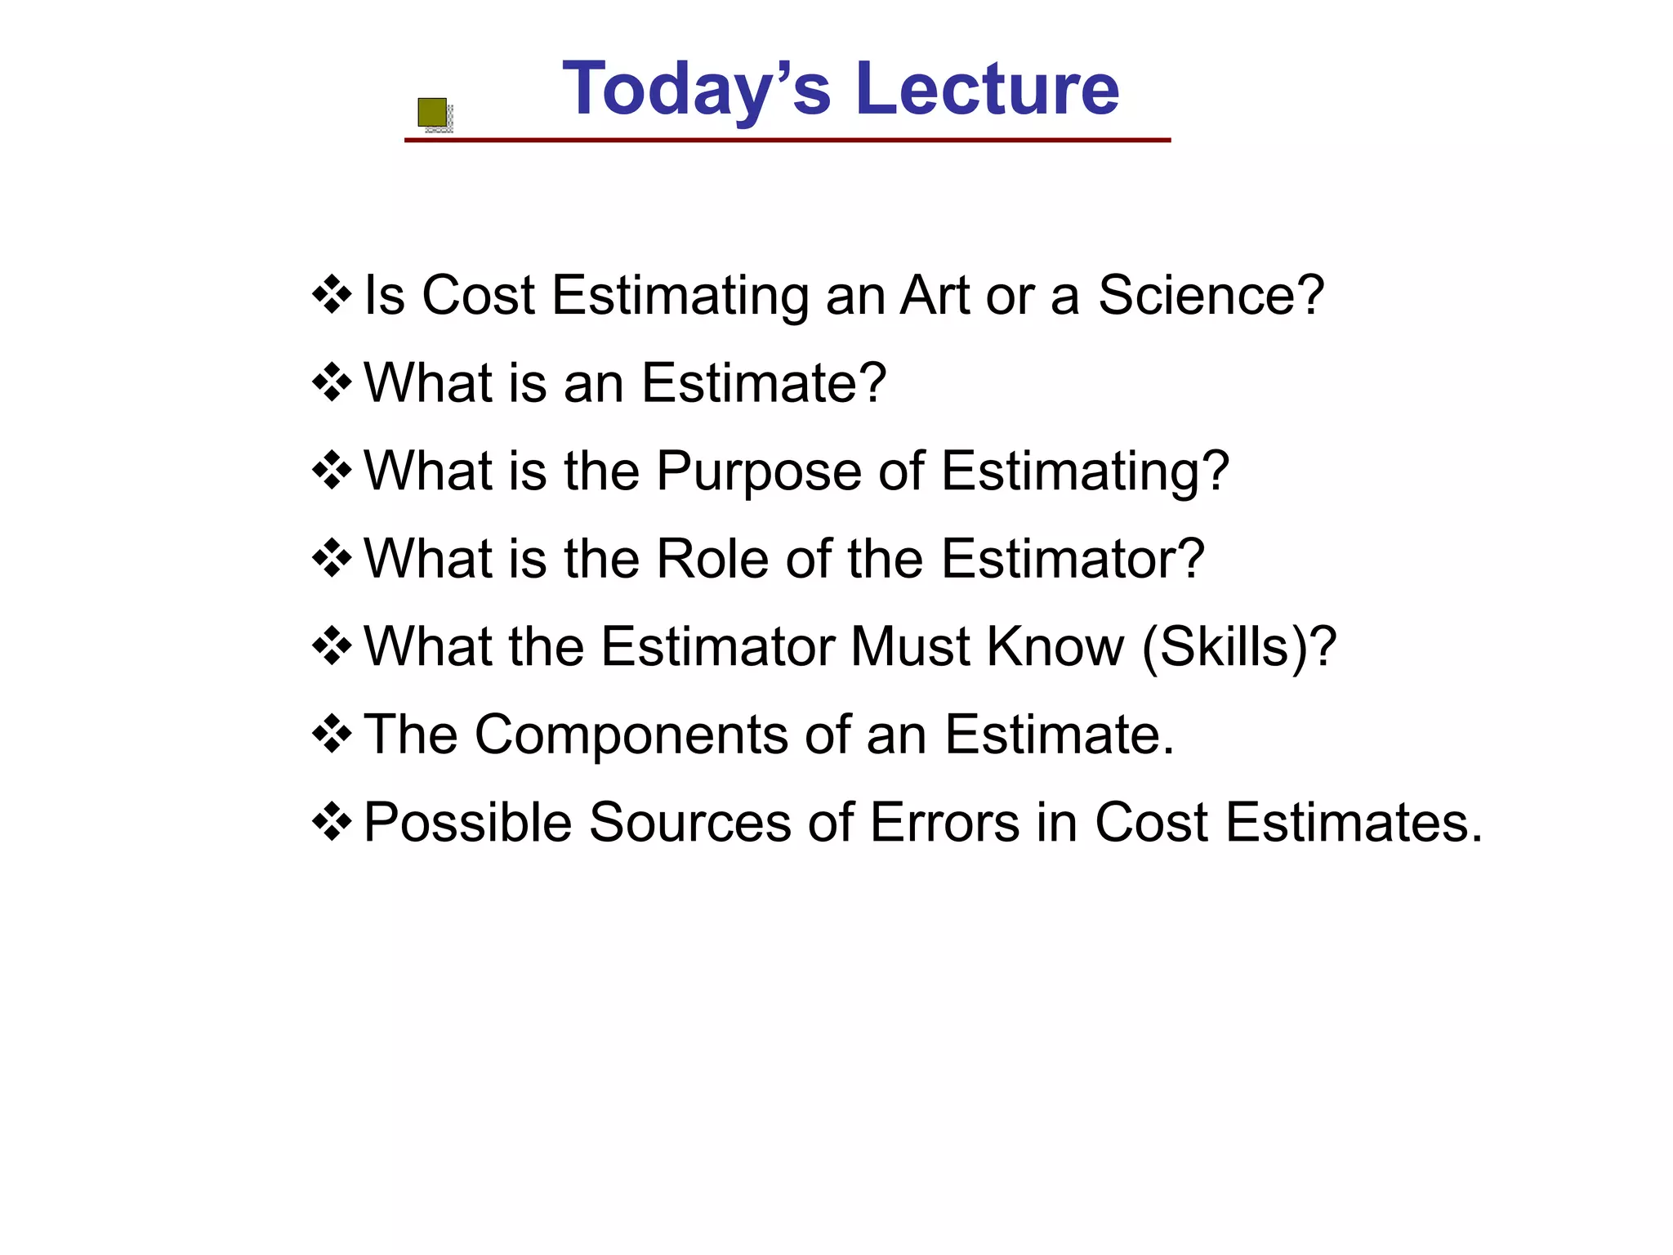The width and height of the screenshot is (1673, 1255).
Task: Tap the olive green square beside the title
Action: click(x=432, y=113)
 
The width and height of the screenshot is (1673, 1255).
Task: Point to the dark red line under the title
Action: click(x=787, y=141)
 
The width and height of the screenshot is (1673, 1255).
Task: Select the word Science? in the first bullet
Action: click(x=1211, y=295)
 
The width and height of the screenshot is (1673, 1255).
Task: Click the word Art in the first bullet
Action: click(x=933, y=295)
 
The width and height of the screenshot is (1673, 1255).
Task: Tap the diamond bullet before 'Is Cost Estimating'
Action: click(x=332, y=294)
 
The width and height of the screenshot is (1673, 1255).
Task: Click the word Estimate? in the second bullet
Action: click(x=763, y=382)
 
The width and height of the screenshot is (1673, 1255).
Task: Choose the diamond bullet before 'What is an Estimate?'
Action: click(x=332, y=382)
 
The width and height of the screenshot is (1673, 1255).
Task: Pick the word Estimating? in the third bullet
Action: click(x=1085, y=472)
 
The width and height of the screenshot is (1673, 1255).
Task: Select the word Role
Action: click(x=712, y=559)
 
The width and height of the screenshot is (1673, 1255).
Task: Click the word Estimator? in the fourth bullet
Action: click(x=1073, y=559)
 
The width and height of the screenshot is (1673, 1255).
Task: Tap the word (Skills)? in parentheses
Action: click(x=1238, y=647)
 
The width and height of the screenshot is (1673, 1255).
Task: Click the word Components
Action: click(x=631, y=735)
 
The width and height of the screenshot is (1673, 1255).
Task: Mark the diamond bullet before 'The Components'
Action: click(x=332, y=734)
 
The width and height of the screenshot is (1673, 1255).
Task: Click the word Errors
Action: click(x=944, y=822)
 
